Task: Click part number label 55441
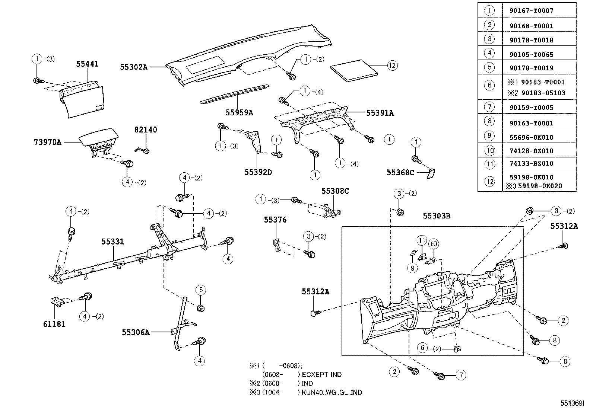click(x=87, y=64)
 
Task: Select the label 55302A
click(x=134, y=67)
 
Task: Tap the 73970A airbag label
click(x=47, y=142)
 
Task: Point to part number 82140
click(x=146, y=130)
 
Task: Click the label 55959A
click(x=239, y=112)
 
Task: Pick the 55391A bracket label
click(x=380, y=113)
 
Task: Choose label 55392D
click(x=258, y=172)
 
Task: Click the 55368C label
click(x=400, y=172)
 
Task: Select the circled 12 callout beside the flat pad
click(x=392, y=66)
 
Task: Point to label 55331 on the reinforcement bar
click(x=112, y=242)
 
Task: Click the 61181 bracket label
click(x=54, y=324)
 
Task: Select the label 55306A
click(x=136, y=332)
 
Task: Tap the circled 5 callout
click(x=200, y=290)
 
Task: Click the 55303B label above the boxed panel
click(x=437, y=216)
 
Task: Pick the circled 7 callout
click(x=461, y=375)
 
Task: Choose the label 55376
click(x=275, y=220)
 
